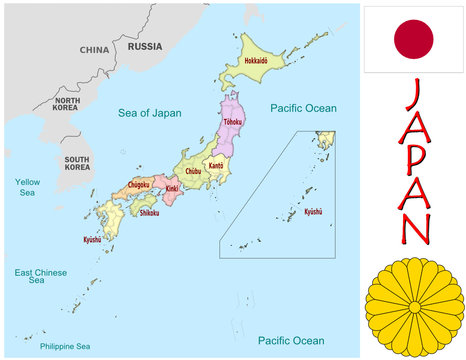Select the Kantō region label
[x=214, y=166]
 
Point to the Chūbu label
[x=193, y=171]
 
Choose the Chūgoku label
[x=138, y=184]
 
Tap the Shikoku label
[x=149, y=212]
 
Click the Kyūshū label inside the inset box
[x=313, y=212]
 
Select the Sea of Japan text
[x=150, y=113]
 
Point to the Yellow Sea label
[x=27, y=187]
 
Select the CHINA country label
[x=94, y=49]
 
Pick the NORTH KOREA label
[x=67, y=106]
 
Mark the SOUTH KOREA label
[x=77, y=164]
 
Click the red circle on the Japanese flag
[x=413, y=39]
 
